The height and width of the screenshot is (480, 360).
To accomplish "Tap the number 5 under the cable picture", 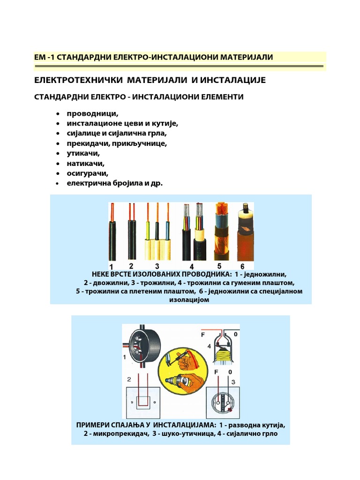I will (219, 266).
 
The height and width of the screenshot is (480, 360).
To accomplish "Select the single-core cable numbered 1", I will (112, 234).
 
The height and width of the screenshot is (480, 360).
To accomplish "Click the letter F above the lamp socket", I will (203, 336).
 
